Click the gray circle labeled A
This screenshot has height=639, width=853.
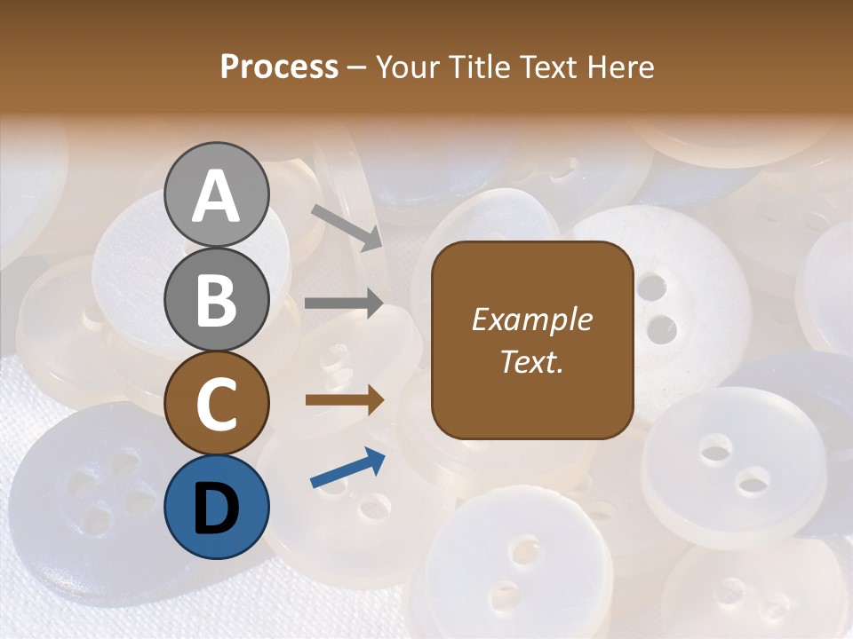(x=216, y=194)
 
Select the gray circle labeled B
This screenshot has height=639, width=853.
(x=216, y=299)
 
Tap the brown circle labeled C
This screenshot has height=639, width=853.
(x=216, y=403)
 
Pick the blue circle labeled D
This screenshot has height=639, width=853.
(x=216, y=507)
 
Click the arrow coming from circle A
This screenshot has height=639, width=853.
(x=346, y=227)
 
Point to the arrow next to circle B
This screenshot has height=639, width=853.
(x=344, y=304)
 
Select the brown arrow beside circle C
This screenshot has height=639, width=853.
(x=344, y=400)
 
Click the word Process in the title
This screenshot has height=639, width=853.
(x=279, y=67)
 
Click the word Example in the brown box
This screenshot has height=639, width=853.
(x=531, y=319)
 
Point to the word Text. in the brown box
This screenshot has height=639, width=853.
(x=531, y=361)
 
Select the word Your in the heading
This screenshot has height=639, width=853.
(x=409, y=67)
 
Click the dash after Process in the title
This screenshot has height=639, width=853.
(x=356, y=68)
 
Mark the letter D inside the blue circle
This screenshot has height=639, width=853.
(x=216, y=509)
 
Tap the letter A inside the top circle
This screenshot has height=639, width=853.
(x=216, y=196)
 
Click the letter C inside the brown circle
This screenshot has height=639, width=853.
(x=216, y=405)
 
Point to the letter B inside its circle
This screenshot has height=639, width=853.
(x=216, y=300)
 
